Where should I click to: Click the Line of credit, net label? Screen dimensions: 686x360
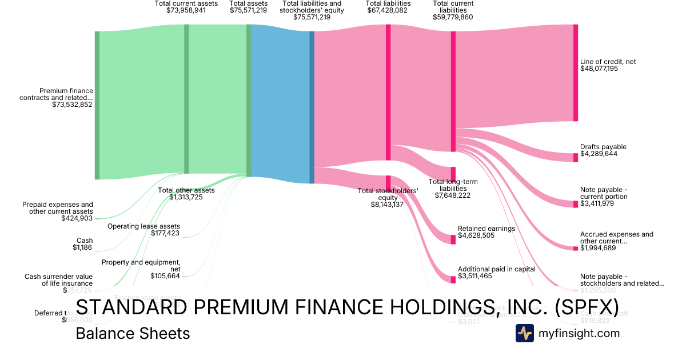[x=608, y=62]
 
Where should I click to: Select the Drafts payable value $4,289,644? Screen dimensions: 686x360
[x=599, y=154]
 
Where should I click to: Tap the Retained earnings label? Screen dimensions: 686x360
[x=486, y=229]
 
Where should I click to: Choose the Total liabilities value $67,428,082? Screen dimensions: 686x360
[x=388, y=10]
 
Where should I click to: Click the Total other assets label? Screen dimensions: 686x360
[x=186, y=190]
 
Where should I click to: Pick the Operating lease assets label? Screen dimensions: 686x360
[x=143, y=226]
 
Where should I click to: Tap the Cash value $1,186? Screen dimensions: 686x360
[x=82, y=247]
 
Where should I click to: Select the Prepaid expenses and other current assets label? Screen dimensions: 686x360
[x=57, y=208]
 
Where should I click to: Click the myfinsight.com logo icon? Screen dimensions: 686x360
[x=525, y=333]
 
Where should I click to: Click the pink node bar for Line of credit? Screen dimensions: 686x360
[x=576, y=73]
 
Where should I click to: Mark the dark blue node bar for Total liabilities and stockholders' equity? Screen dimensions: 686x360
[x=312, y=107]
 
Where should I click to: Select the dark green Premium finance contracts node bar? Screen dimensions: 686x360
[x=97, y=105]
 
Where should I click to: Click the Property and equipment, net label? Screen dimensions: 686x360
[x=141, y=265]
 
